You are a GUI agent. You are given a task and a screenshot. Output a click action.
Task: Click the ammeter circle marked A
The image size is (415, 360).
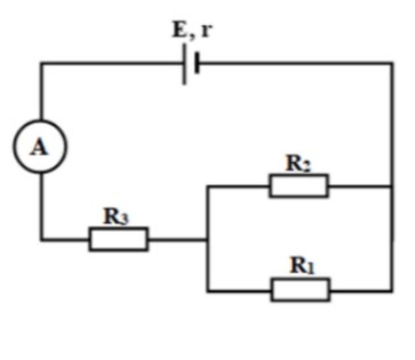(40, 147)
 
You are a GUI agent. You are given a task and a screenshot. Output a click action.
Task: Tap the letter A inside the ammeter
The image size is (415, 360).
(39, 147)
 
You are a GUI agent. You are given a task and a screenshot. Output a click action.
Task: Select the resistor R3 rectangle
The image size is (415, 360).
(118, 239)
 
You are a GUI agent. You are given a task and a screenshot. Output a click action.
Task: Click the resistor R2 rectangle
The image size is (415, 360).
(299, 186)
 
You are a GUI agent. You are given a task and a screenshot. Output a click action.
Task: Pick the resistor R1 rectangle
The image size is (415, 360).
(300, 290)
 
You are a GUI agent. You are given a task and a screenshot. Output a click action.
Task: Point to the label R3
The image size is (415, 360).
(117, 217)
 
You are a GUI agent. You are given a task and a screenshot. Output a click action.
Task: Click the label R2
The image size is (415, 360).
(299, 164)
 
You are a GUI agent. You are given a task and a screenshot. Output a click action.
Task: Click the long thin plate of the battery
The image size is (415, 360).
(184, 64)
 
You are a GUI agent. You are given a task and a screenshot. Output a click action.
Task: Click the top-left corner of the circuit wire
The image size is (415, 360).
(41, 63)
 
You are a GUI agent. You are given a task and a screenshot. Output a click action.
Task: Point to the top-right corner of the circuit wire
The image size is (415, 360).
(392, 63)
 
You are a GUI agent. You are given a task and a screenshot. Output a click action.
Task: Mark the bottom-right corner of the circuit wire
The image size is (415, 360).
(392, 290)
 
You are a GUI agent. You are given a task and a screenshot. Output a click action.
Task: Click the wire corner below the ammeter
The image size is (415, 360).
(41, 240)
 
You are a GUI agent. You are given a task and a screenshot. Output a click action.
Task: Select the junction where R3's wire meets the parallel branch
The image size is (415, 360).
(207, 239)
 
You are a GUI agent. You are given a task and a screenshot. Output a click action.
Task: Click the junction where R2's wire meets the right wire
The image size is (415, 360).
(392, 186)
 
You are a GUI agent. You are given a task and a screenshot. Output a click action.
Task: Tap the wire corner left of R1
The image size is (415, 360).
(207, 290)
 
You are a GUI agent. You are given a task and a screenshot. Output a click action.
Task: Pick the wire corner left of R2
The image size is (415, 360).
(207, 186)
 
